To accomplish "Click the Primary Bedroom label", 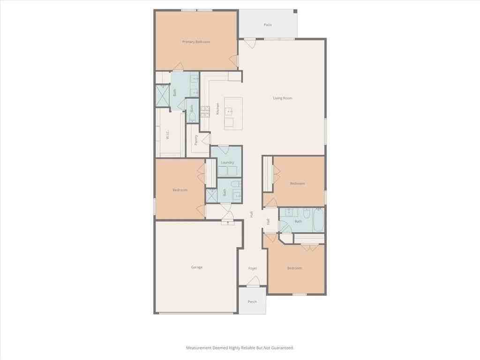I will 196,42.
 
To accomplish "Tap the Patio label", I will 268,25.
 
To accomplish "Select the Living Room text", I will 283,98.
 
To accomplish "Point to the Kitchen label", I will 217,109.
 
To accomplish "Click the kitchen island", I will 233,113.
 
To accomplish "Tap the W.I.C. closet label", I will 167,135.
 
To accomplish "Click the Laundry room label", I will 227,162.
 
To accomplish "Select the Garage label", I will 197,267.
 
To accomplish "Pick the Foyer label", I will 253,268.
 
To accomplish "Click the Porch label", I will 252,301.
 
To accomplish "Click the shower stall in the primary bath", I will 162,96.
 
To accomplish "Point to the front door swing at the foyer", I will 253,281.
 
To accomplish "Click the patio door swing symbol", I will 249,44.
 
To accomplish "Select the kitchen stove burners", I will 205,111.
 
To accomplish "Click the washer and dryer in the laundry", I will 227,171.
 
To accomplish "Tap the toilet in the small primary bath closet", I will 192,116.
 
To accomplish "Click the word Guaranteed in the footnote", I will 280,348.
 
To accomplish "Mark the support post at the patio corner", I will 295,11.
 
